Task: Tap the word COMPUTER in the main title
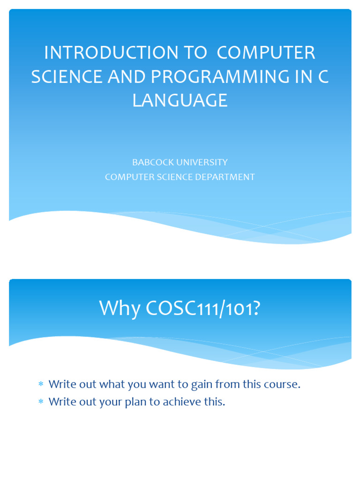(x=266, y=53)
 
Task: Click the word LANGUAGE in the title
(x=180, y=101)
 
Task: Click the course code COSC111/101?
(x=203, y=308)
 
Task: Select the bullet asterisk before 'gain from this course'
(x=41, y=384)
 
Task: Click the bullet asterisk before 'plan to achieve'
(x=41, y=402)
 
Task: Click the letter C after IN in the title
(x=323, y=77)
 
